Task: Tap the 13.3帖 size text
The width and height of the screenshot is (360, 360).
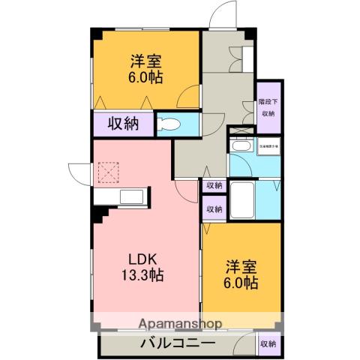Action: (x=142, y=274)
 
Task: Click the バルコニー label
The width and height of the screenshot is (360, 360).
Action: (x=178, y=343)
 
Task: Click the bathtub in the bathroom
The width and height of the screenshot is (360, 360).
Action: (x=242, y=199)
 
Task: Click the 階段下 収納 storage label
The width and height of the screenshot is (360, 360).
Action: (x=268, y=107)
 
